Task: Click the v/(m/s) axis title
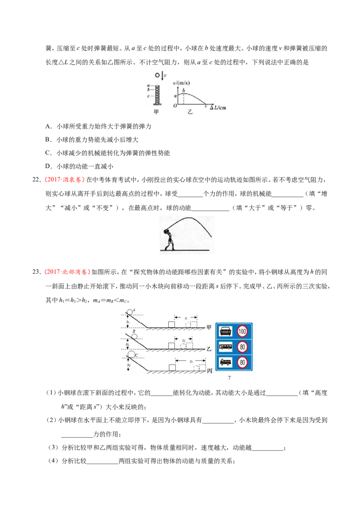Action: (x=181, y=83)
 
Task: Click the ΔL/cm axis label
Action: (x=218, y=107)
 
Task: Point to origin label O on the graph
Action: (x=175, y=106)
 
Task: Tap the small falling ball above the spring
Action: (x=157, y=75)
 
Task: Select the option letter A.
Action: (x=49, y=126)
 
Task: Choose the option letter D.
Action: (x=49, y=166)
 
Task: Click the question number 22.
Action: (x=36, y=179)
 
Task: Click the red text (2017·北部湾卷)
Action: (x=67, y=272)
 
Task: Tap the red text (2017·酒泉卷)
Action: (x=64, y=179)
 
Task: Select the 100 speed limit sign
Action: (x=243, y=331)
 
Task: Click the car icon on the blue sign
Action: (x=225, y=331)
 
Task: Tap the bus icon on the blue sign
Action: (x=225, y=347)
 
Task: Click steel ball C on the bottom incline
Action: (x=131, y=353)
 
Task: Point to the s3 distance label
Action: (x=191, y=362)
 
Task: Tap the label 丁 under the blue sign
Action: (x=229, y=378)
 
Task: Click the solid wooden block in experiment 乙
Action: (x=171, y=345)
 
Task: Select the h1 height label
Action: (x=128, y=321)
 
